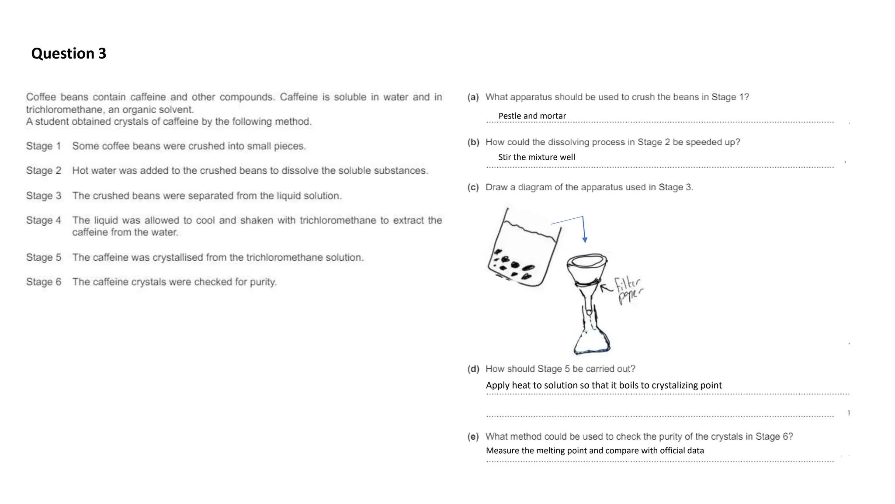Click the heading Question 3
69,53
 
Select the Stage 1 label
43,146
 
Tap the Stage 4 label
43,220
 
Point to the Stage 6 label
43,282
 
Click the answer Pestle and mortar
532,116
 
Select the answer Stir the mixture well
536,157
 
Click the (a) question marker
473,97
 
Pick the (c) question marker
473,187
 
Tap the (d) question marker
473,369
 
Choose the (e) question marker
473,437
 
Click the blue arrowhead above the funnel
585,240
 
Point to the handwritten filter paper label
628,290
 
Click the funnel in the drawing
586,271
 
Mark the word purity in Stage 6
263,282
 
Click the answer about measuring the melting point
595,451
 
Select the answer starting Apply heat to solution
604,385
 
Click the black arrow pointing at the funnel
607,288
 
